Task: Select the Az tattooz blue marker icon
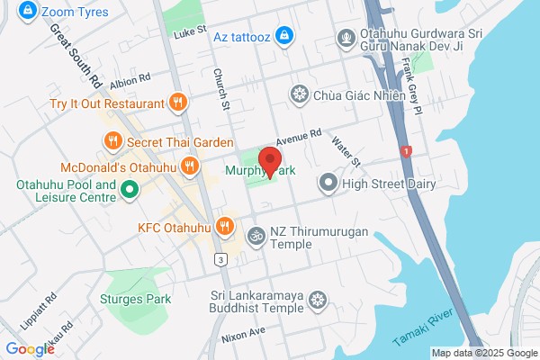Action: tap(284, 35)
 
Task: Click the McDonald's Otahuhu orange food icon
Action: tap(190, 166)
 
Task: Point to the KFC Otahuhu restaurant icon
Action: tap(227, 225)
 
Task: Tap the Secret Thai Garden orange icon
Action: tap(112, 139)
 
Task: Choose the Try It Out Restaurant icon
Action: tap(178, 103)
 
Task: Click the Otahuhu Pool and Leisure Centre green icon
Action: tap(129, 190)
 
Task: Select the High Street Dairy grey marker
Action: tap(328, 184)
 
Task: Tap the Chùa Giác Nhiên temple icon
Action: tap(299, 94)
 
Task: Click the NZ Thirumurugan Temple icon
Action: tap(256, 235)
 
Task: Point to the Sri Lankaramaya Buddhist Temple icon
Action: tap(317, 300)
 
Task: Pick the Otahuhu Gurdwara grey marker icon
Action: tap(345, 38)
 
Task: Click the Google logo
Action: tap(29, 349)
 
